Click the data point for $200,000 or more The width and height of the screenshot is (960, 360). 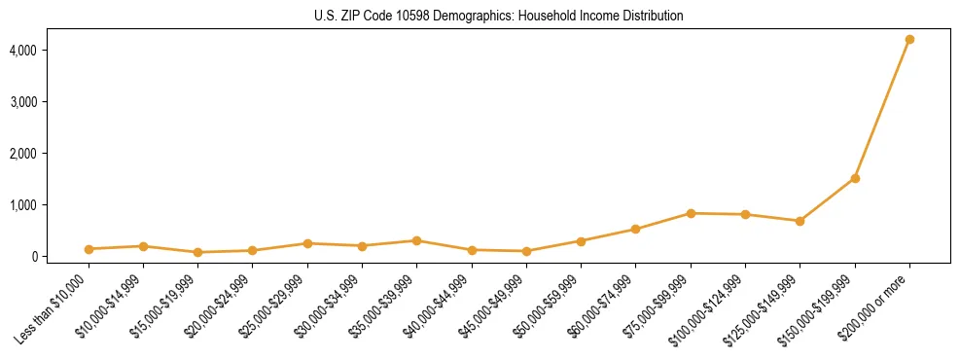click(x=909, y=39)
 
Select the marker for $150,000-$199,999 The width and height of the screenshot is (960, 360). click(x=855, y=178)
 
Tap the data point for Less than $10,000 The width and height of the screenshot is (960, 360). click(x=89, y=249)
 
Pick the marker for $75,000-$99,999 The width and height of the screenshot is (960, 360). click(x=691, y=213)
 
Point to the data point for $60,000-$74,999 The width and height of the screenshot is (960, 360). click(x=636, y=230)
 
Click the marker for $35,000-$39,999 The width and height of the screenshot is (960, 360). click(x=416, y=240)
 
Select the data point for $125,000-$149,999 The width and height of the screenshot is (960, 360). click(x=800, y=221)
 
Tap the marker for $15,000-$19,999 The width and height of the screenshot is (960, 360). click(x=197, y=252)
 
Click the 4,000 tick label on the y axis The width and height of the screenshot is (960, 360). click(x=52, y=50)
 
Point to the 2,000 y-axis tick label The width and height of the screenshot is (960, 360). click(x=52, y=154)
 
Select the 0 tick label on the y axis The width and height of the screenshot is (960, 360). click(x=61, y=257)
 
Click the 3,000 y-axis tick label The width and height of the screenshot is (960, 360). click(x=52, y=101)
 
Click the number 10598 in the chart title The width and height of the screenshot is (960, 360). click(x=388, y=17)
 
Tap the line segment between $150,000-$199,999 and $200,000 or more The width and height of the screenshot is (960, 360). click(x=882, y=109)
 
